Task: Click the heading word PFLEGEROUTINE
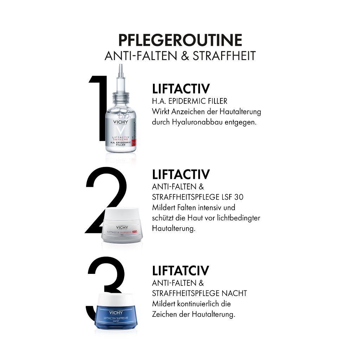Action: pos(180,40)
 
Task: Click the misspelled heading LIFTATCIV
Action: pos(181,271)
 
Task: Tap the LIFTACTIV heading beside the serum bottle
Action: pos(181,88)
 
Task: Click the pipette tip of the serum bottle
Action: pos(121,69)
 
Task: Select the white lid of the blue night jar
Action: pos(116,299)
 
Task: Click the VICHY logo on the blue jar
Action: pos(116,312)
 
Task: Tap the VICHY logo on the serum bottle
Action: pos(121,123)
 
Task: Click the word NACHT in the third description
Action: pos(235,293)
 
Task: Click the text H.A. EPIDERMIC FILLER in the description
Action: pos(189,101)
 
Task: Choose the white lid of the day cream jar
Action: pos(123,215)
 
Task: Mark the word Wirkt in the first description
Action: pos(160,112)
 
